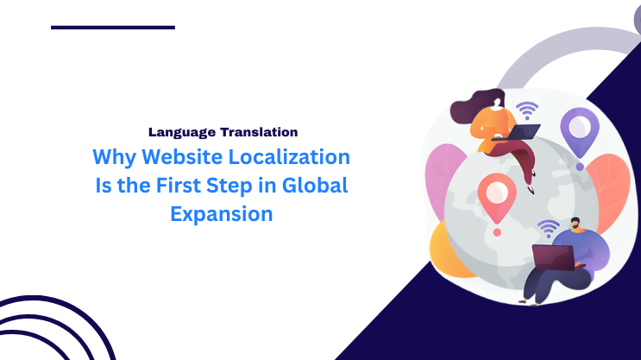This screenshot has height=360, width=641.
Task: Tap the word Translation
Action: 259,132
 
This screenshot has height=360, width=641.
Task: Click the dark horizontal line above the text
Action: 113,28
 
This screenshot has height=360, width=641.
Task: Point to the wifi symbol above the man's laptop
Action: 548,229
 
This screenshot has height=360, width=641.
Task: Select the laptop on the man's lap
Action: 551,257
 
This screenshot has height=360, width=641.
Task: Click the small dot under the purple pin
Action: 580,166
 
